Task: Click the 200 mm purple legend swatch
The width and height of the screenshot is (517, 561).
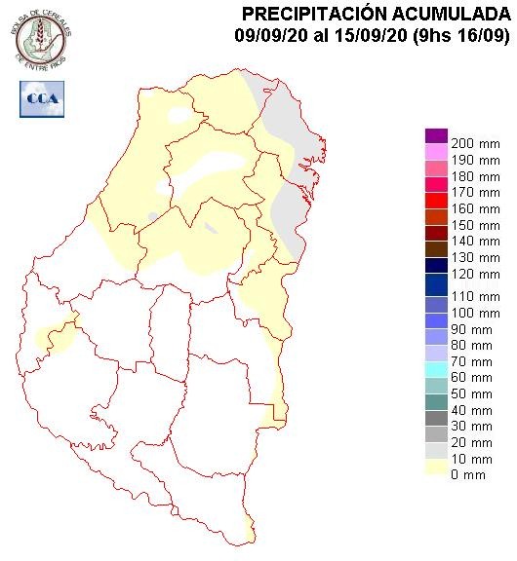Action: (436, 135)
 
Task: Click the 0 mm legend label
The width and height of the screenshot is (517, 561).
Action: (469, 474)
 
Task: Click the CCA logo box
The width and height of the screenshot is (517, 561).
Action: (42, 98)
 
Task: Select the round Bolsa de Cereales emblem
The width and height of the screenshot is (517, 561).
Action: (40, 39)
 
